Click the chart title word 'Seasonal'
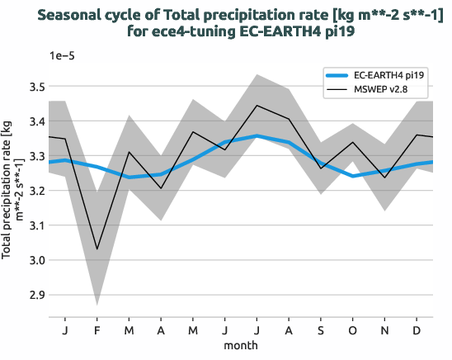coord(75,14)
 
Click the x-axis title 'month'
coord(241,345)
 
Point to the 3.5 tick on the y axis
coord(35,87)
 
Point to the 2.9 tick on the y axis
coord(35,295)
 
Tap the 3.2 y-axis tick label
coord(35,191)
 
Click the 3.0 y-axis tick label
coord(35,260)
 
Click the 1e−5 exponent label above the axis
coord(64,56)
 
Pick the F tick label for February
coord(97,330)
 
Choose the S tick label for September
coord(321,330)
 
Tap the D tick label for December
coord(417,330)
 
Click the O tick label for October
coord(353,330)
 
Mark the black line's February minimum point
coord(97,249)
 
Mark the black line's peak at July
coord(257,105)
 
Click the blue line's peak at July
coord(257,135)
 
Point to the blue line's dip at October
coord(353,176)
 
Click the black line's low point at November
coord(385,178)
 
